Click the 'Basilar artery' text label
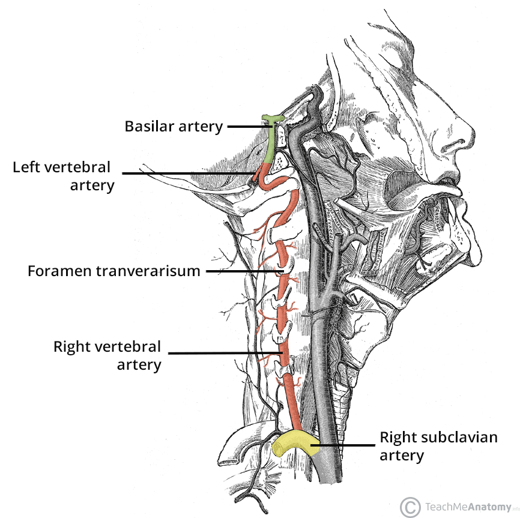[174, 127]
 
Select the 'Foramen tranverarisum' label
[113, 271]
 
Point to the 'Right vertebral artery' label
[107, 355]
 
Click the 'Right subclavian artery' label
[438, 446]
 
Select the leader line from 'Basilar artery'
[247, 127]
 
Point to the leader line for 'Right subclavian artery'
[342, 445]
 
